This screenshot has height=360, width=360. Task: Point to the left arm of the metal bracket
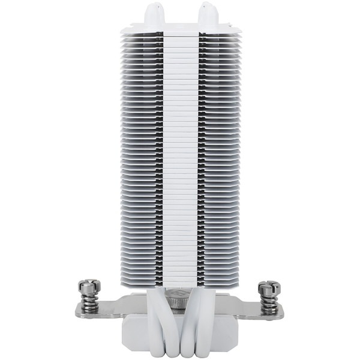[x=114, y=307]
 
